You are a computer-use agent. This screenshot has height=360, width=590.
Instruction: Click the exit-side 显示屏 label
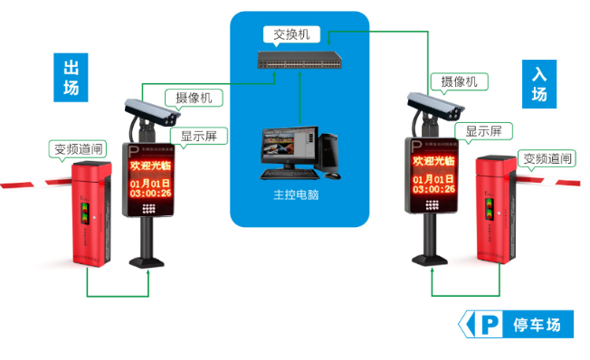[x=198, y=137]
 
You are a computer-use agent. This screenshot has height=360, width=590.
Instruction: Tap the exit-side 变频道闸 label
[x=78, y=148]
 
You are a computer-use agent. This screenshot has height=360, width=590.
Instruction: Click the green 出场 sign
[x=71, y=77]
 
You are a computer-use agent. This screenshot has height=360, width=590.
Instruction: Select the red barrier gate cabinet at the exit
[x=90, y=213]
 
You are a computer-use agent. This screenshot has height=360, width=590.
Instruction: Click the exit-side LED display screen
[x=151, y=180]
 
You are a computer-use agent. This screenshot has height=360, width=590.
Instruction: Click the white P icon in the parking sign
[x=490, y=324]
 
